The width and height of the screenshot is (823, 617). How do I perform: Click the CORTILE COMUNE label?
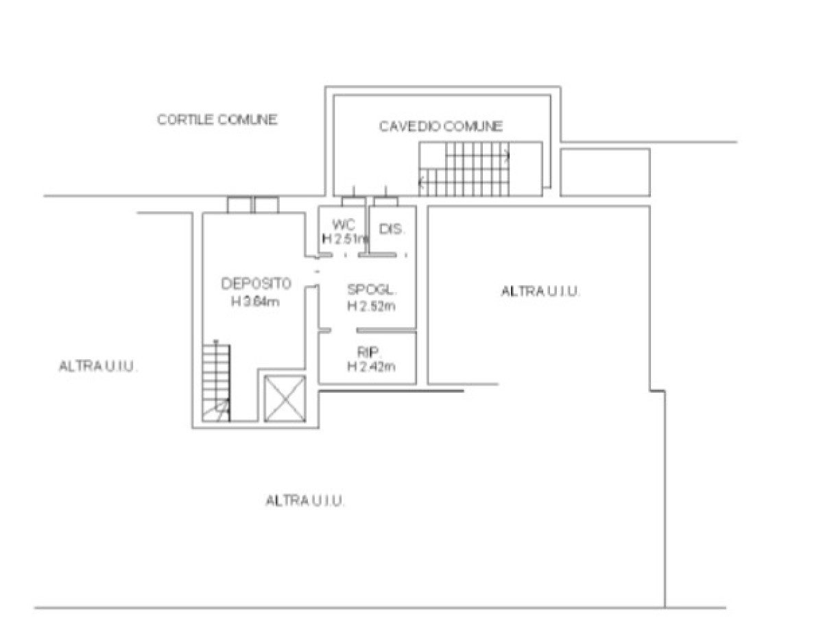click(x=217, y=120)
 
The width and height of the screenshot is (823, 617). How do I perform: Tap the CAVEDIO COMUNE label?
click(x=441, y=126)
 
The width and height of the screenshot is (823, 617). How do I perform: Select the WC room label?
click(x=344, y=225)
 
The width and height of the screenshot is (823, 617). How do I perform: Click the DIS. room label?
click(x=392, y=229)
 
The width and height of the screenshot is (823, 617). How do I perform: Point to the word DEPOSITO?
click(x=256, y=284)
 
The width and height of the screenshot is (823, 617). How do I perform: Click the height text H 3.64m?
click(x=255, y=301)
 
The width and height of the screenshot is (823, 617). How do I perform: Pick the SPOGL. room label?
click(x=372, y=289)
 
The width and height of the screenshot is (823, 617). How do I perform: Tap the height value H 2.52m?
click(x=371, y=306)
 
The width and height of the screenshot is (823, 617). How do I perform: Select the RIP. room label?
click(x=368, y=352)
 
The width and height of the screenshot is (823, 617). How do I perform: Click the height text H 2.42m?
click(x=371, y=366)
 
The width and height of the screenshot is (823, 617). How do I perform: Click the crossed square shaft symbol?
click(x=285, y=398)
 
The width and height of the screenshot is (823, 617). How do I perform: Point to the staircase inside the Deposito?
click(x=216, y=383)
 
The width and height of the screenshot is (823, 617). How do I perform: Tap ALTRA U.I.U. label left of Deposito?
click(x=98, y=366)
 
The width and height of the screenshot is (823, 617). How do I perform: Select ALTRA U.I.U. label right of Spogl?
click(x=540, y=291)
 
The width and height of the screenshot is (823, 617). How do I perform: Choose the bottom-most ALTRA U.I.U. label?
click(x=305, y=501)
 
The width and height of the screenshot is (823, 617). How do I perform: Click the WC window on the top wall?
click(x=353, y=202)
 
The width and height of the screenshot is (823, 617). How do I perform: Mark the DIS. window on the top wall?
click(x=386, y=202)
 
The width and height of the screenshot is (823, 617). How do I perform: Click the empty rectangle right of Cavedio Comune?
click(x=605, y=172)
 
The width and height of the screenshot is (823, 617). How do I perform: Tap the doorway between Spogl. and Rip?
click(x=344, y=330)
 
